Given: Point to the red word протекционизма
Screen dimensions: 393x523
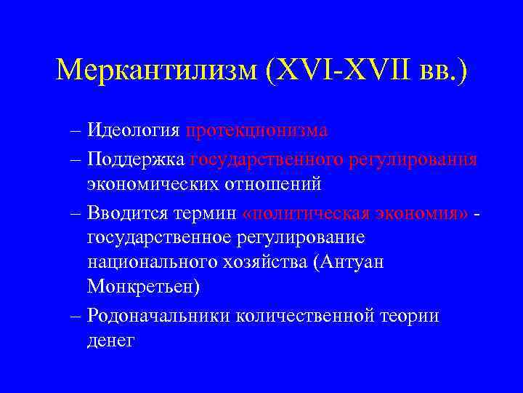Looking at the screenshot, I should (256, 131).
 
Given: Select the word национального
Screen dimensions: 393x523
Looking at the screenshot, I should (158, 263).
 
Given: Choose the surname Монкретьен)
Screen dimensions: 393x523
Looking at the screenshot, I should (143, 288).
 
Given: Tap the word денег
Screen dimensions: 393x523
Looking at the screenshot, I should (110, 341).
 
